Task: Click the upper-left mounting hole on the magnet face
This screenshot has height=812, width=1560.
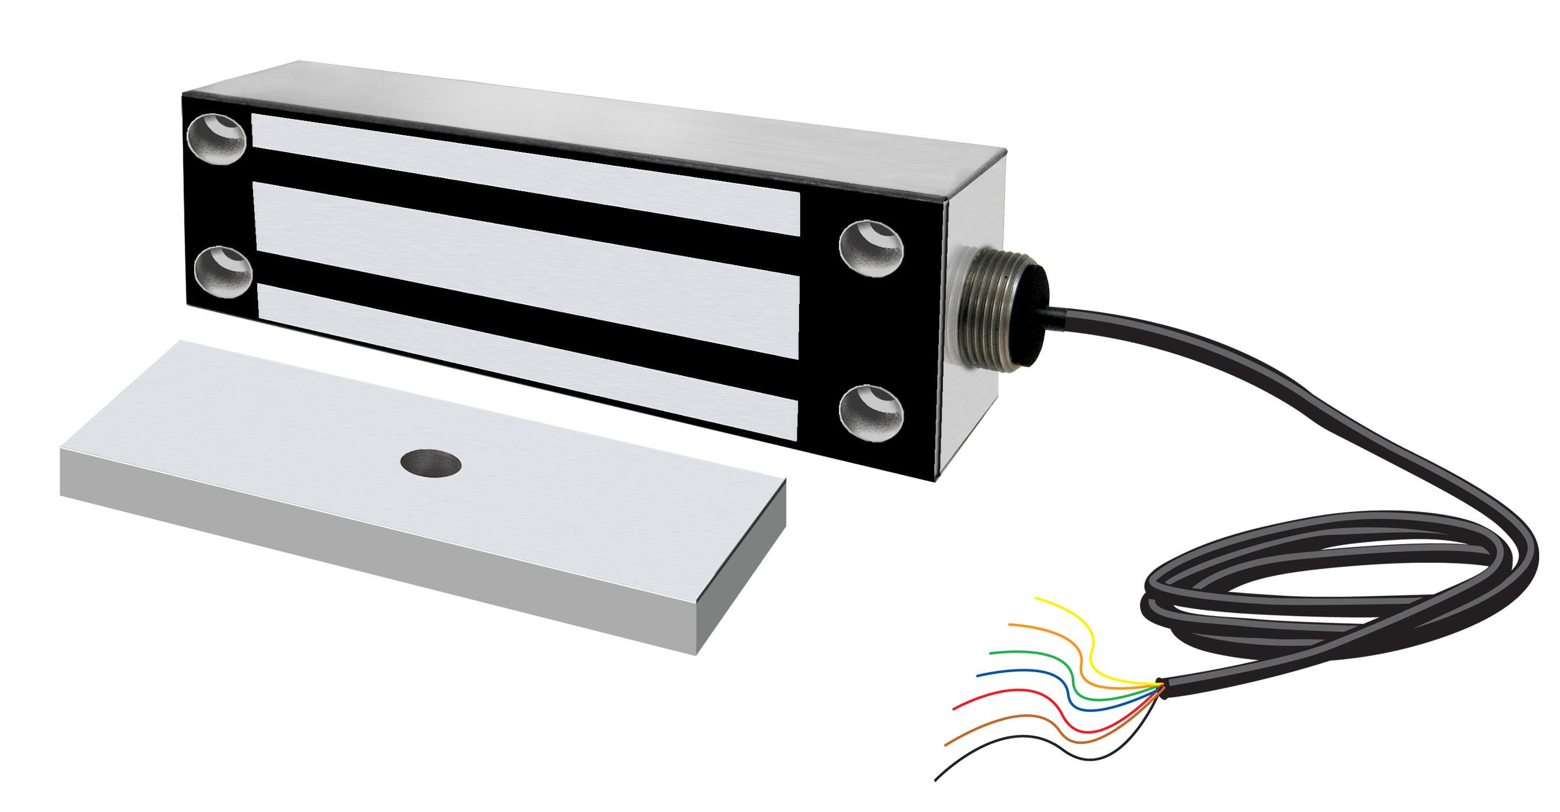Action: click(218, 142)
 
